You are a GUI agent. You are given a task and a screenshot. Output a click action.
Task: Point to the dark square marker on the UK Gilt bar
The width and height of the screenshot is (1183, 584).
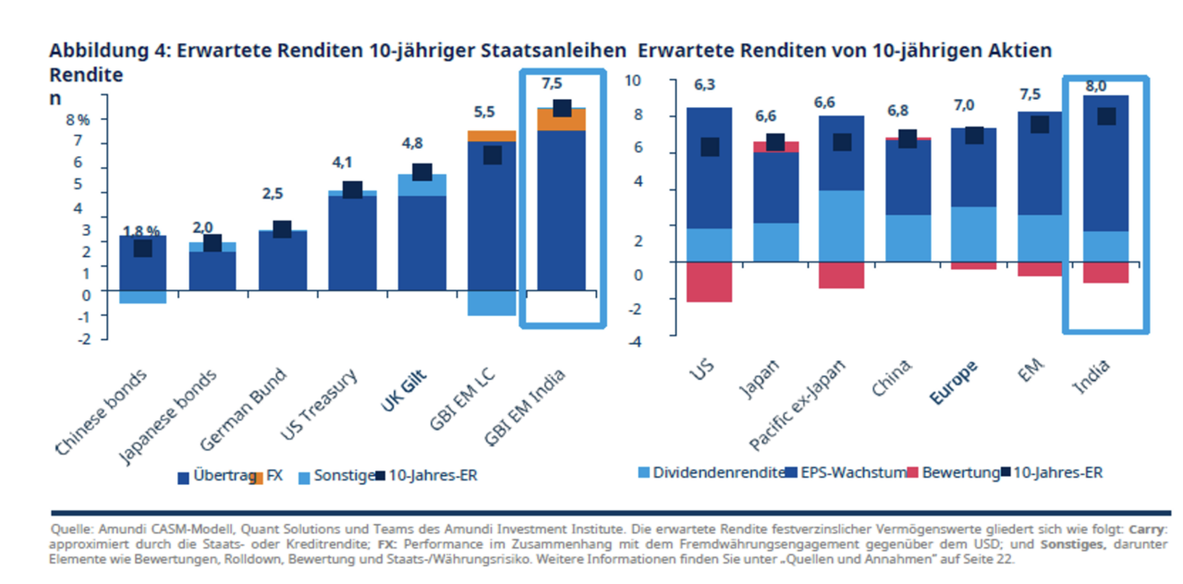pos(421,172)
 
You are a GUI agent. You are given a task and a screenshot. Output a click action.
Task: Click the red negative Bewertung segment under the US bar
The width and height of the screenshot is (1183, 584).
pos(709,281)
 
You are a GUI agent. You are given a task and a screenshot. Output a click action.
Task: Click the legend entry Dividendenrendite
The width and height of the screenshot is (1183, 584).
pos(712,473)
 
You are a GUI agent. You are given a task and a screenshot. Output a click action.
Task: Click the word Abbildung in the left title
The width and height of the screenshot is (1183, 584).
pos(91,50)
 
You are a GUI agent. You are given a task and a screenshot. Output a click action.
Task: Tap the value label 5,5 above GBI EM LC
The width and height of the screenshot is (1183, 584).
pos(485,113)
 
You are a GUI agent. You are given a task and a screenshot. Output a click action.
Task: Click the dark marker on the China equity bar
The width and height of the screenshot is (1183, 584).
pos(908,140)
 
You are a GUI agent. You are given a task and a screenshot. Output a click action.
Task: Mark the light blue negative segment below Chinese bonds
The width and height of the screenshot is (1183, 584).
pos(142,297)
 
